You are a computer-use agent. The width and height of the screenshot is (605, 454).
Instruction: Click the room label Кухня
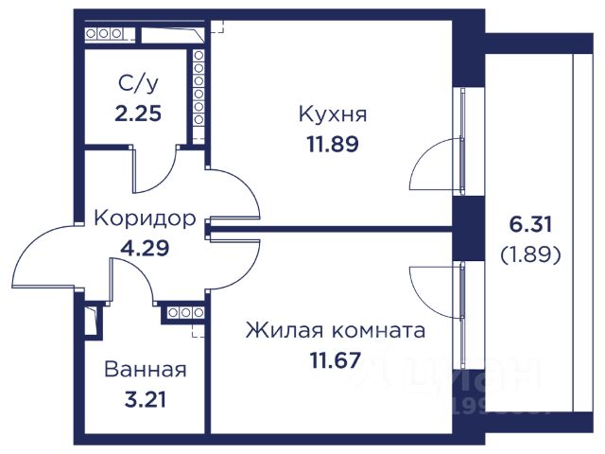pyautogui.click(x=332, y=115)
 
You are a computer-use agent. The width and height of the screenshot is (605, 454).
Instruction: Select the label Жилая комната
pyautogui.click(x=335, y=332)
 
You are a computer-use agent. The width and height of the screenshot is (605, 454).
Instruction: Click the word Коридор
pyautogui.click(x=145, y=219)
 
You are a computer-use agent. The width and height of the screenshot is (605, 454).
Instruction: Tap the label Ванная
pyautogui.click(x=145, y=370)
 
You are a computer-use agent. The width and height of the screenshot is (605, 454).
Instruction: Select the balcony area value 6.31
pyautogui.click(x=528, y=227)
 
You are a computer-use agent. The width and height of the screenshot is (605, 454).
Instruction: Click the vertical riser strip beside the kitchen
pyautogui.click(x=199, y=95)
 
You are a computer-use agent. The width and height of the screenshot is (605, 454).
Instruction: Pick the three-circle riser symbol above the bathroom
pyautogui.click(x=180, y=312)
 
